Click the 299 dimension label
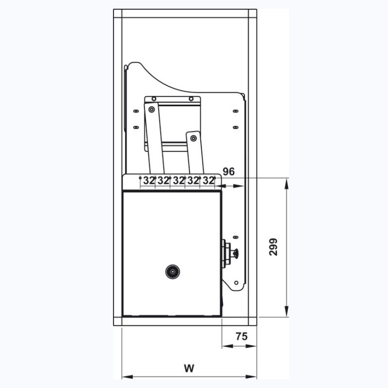pyautogui.click(x=274, y=247)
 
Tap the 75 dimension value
pyautogui.click(x=241, y=336)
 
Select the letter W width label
pyautogui.click(x=189, y=368)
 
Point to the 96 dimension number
pyautogui.click(x=228, y=172)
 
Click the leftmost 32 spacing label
pyautogui.click(x=149, y=180)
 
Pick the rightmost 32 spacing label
pyautogui.click(x=209, y=180)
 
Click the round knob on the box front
pyautogui.click(x=173, y=272)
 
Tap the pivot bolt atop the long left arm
pyautogui.click(x=151, y=109)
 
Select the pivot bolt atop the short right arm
pyautogui.click(x=194, y=138)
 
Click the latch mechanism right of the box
pyautogui.click(x=229, y=253)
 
